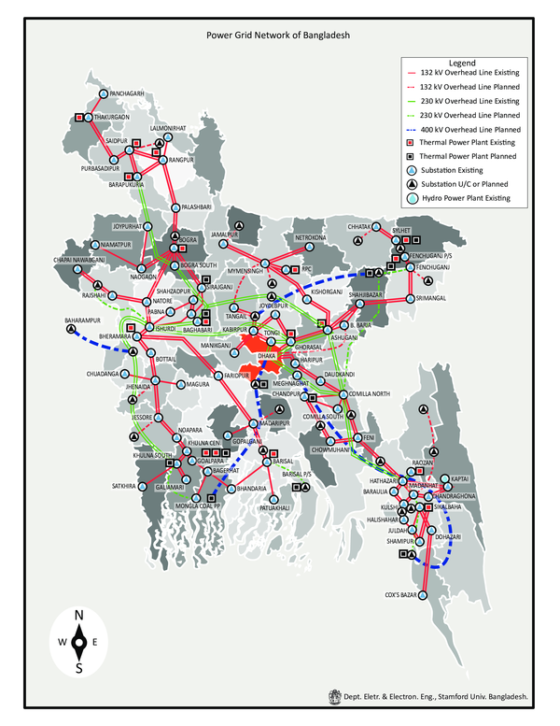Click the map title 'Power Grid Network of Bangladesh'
coord(277,35)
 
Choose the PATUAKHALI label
coord(276,507)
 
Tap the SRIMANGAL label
coord(437,297)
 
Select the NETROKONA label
coord(313,238)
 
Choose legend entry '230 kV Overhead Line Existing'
coord(469,100)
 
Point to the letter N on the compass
coord(80,613)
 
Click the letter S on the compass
coord(80,667)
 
